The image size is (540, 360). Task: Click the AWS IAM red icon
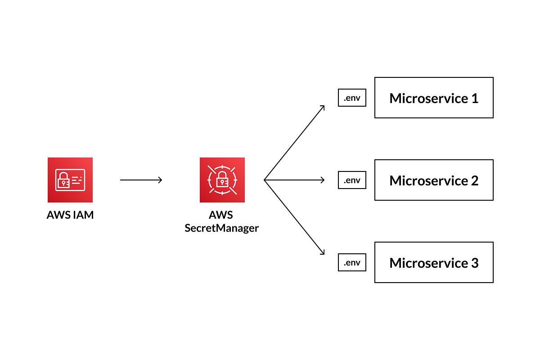[70, 180]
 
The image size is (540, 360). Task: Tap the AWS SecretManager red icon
[222, 180]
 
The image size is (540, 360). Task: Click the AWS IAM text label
[70, 215]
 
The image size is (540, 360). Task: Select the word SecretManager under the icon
[222, 228]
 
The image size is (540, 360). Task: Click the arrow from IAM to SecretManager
[141, 180]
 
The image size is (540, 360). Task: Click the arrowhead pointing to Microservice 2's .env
[322, 180]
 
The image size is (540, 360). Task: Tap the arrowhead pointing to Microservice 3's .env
[322, 253]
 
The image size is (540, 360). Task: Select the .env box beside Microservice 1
[352, 98]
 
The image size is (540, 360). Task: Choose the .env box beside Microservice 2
[352, 180]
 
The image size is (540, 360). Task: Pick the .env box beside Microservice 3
[352, 262]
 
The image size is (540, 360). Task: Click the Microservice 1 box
[434, 98]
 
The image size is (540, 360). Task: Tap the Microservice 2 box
[434, 180]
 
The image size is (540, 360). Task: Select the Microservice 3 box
[434, 262]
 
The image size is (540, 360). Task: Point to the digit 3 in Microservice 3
[474, 263]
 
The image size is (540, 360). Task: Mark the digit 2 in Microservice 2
[474, 180]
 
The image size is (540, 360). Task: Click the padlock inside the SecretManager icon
[222, 181]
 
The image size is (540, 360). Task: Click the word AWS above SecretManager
[222, 215]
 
